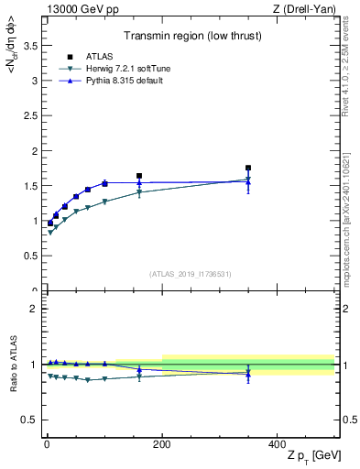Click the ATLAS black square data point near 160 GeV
[x=139, y=175]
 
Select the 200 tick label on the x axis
[x=162, y=445]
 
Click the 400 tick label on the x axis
[x=277, y=445]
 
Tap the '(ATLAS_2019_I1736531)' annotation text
[x=190, y=274]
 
